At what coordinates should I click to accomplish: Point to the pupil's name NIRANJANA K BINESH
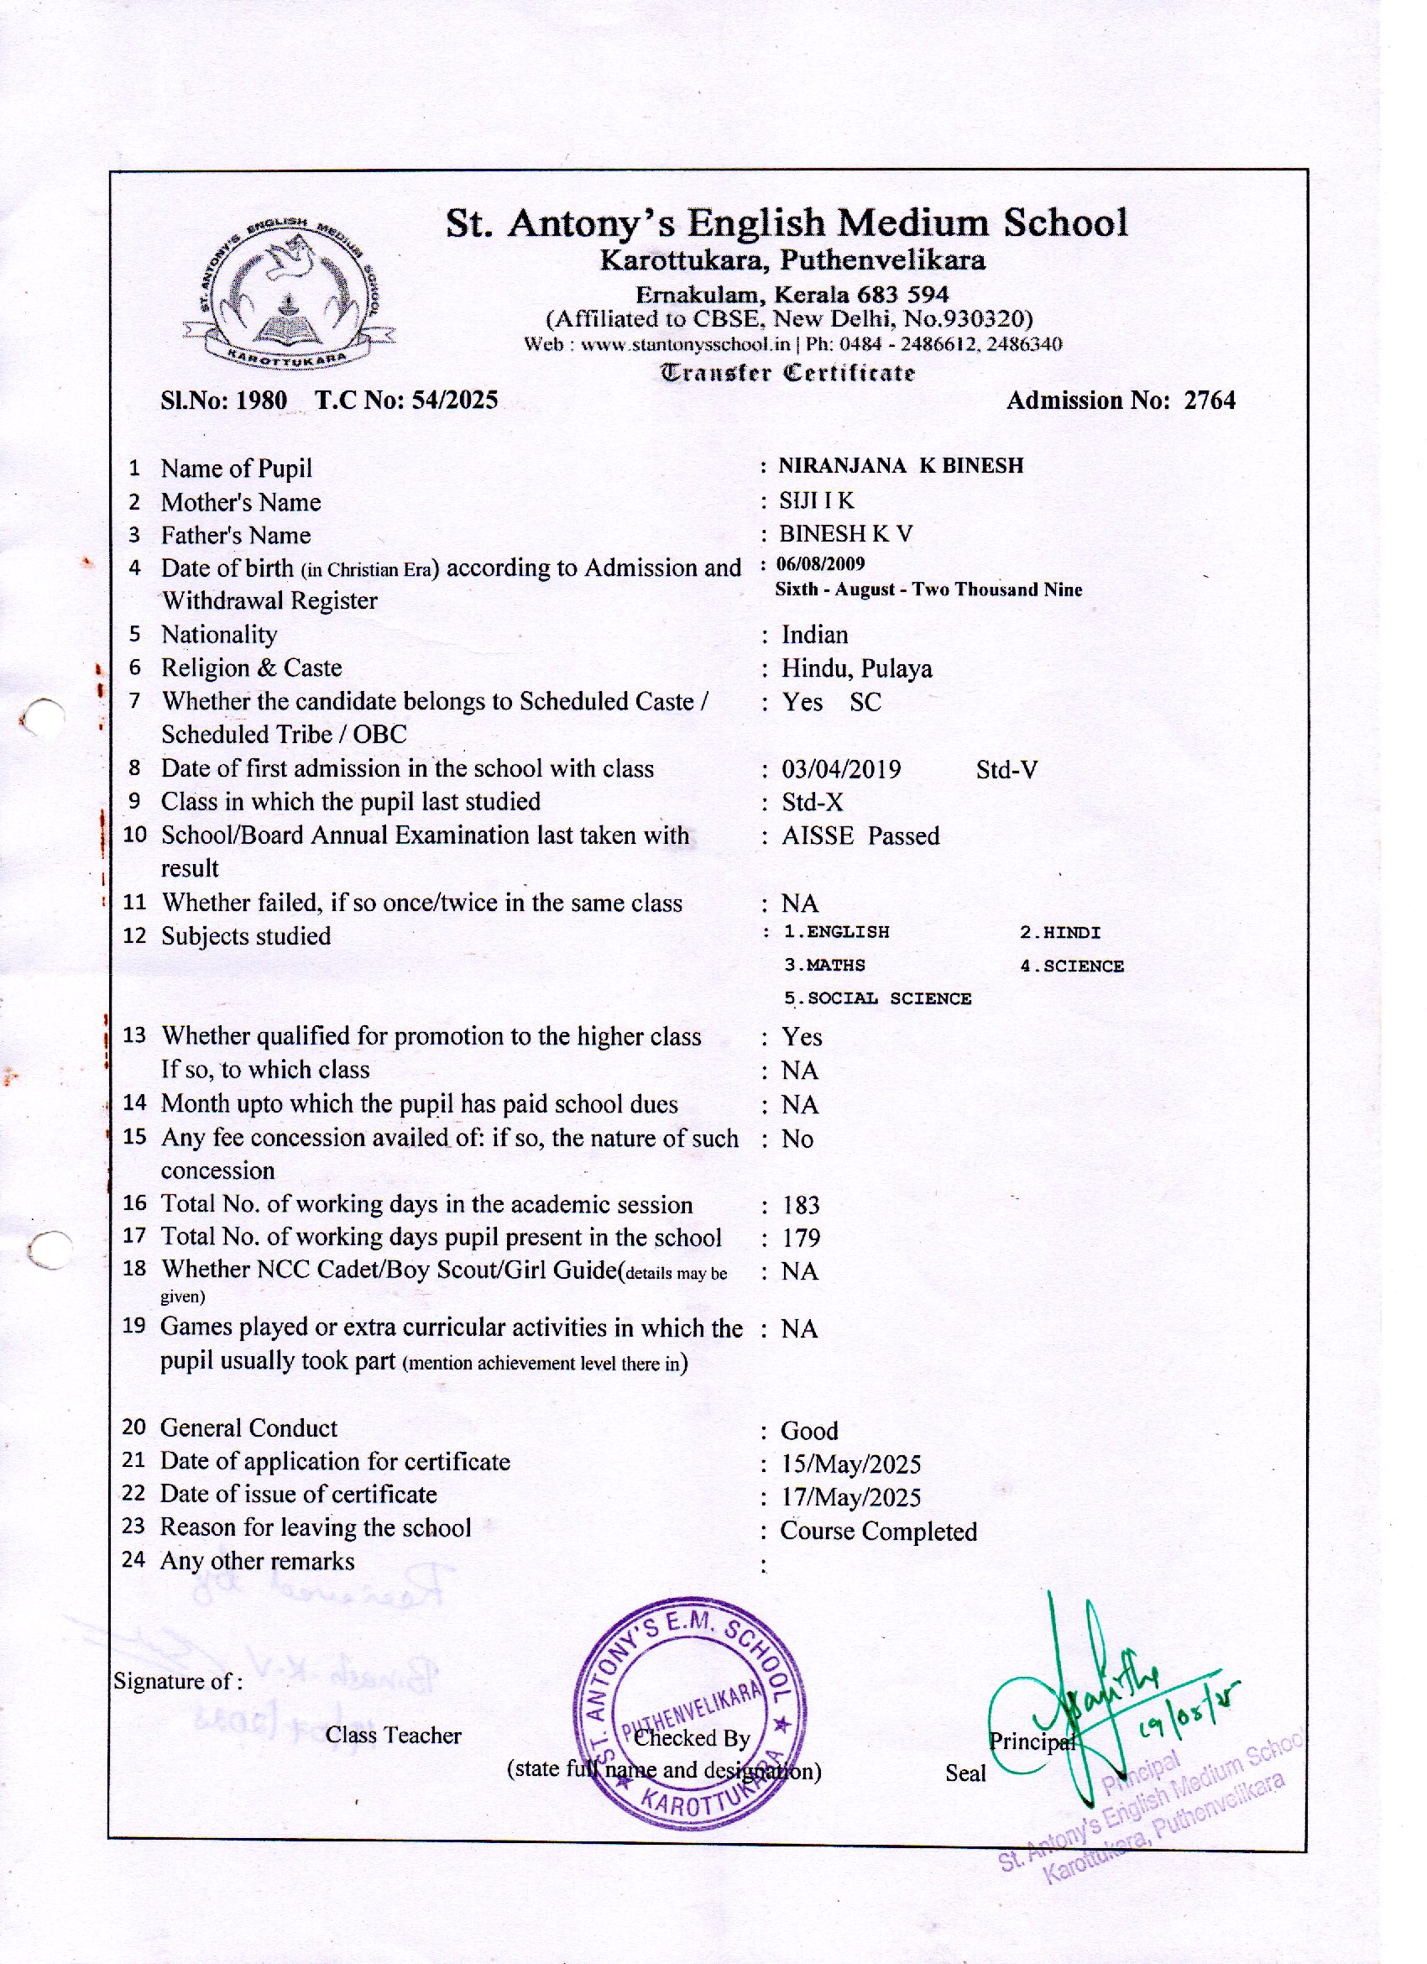[901, 466]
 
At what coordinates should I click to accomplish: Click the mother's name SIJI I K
[817, 500]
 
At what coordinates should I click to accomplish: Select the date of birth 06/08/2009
[820, 564]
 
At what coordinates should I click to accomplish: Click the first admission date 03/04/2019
[841, 769]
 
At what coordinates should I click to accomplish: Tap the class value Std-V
[1006, 770]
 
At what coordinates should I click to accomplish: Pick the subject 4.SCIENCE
[1071, 966]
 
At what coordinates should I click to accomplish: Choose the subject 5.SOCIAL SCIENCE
[877, 998]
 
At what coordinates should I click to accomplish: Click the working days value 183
[800, 1206]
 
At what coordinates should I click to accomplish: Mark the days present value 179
[800, 1239]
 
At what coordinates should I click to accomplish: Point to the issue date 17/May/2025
[850, 1497]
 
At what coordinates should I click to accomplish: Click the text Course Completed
[878, 1531]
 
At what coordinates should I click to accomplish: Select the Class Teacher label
[393, 1735]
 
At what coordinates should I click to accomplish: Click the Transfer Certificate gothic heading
[787, 373]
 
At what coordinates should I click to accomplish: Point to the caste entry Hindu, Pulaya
[856, 668]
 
